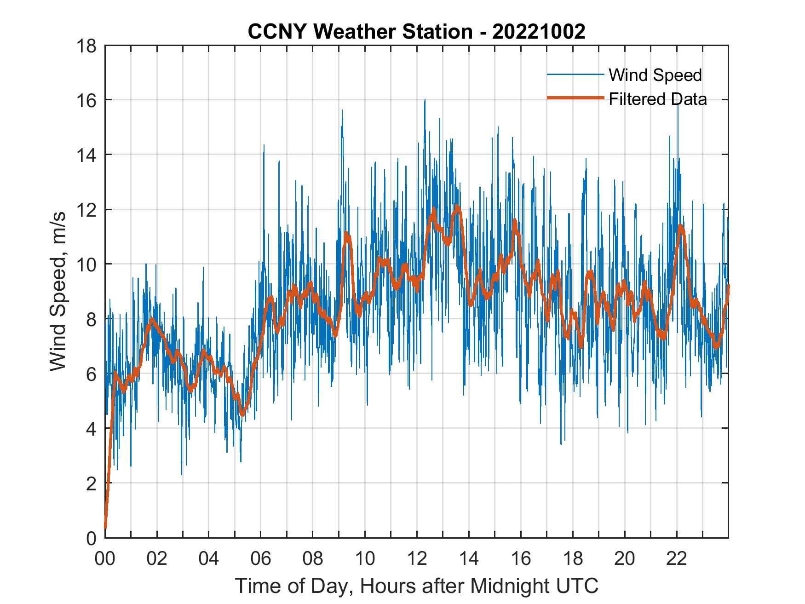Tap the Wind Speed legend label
click(655, 75)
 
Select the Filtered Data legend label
click(657, 99)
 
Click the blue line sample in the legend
click(575, 75)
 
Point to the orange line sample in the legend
click(575, 98)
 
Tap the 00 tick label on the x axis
click(105, 559)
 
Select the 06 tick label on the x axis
click(261, 559)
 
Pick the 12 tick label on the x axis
click(417, 559)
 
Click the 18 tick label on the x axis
click(573, 559)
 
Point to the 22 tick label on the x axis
click(677, 559)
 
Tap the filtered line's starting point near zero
click(105, 527)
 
